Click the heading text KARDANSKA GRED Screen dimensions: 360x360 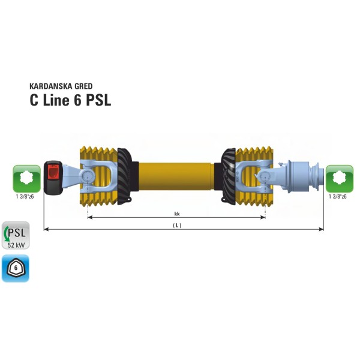coord(61,86)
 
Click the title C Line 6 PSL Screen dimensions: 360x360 coord(70,100)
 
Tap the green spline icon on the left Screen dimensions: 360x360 coord(26,178)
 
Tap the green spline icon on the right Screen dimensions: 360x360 coord(339,178)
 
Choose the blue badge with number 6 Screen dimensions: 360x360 coord(16,268)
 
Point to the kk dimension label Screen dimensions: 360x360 coord(177,213)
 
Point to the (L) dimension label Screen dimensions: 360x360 coord(177,225)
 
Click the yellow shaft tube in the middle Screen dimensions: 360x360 coord(176,174)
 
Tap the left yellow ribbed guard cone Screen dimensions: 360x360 coord(99,174)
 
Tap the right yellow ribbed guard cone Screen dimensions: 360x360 coord(255,174)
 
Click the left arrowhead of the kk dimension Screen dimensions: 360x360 coord(90,218)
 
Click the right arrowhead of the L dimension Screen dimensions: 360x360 coord(321,229)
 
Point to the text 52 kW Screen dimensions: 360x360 coord(16,244)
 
